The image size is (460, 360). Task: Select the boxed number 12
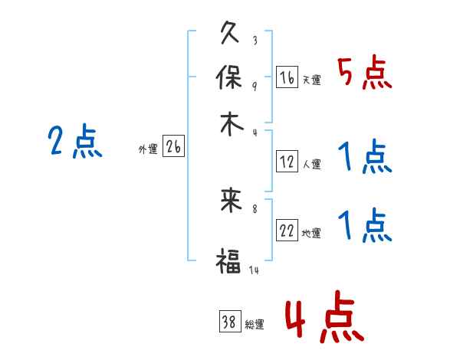(x=287, y=162)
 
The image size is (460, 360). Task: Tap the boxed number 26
(x=173, y=148)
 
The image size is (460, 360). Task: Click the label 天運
(x=312, y=80)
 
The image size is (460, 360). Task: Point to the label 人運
(x=312, y=164)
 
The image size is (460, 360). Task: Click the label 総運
(x=255, y=325)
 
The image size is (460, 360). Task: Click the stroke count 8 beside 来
(x=255, y=208)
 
